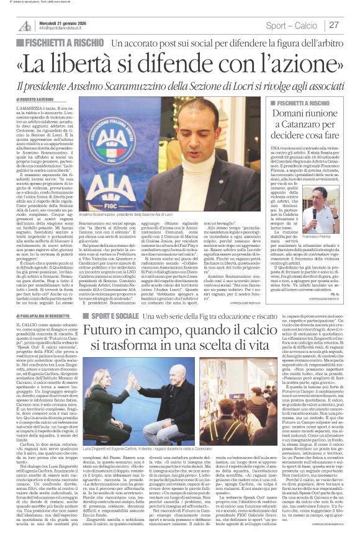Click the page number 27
coord(335,25)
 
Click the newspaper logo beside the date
coord(25,25)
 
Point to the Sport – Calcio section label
coord(292,25)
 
